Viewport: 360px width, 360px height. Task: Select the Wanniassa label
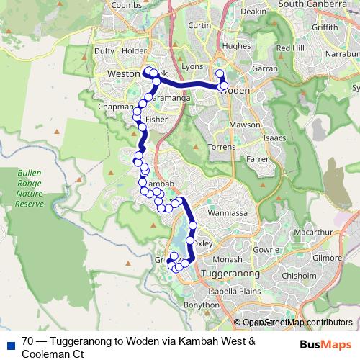(228, 213)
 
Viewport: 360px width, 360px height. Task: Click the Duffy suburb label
(104, 51)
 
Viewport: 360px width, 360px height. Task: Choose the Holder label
(134, 51)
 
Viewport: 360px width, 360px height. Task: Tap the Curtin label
(199, 25)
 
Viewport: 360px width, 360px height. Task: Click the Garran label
(265, 68)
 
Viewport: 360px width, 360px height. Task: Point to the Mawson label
(245, 125)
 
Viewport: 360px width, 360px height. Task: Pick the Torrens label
(221, 146)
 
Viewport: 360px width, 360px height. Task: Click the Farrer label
(257, 158)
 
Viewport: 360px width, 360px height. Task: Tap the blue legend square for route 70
(9, 343)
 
